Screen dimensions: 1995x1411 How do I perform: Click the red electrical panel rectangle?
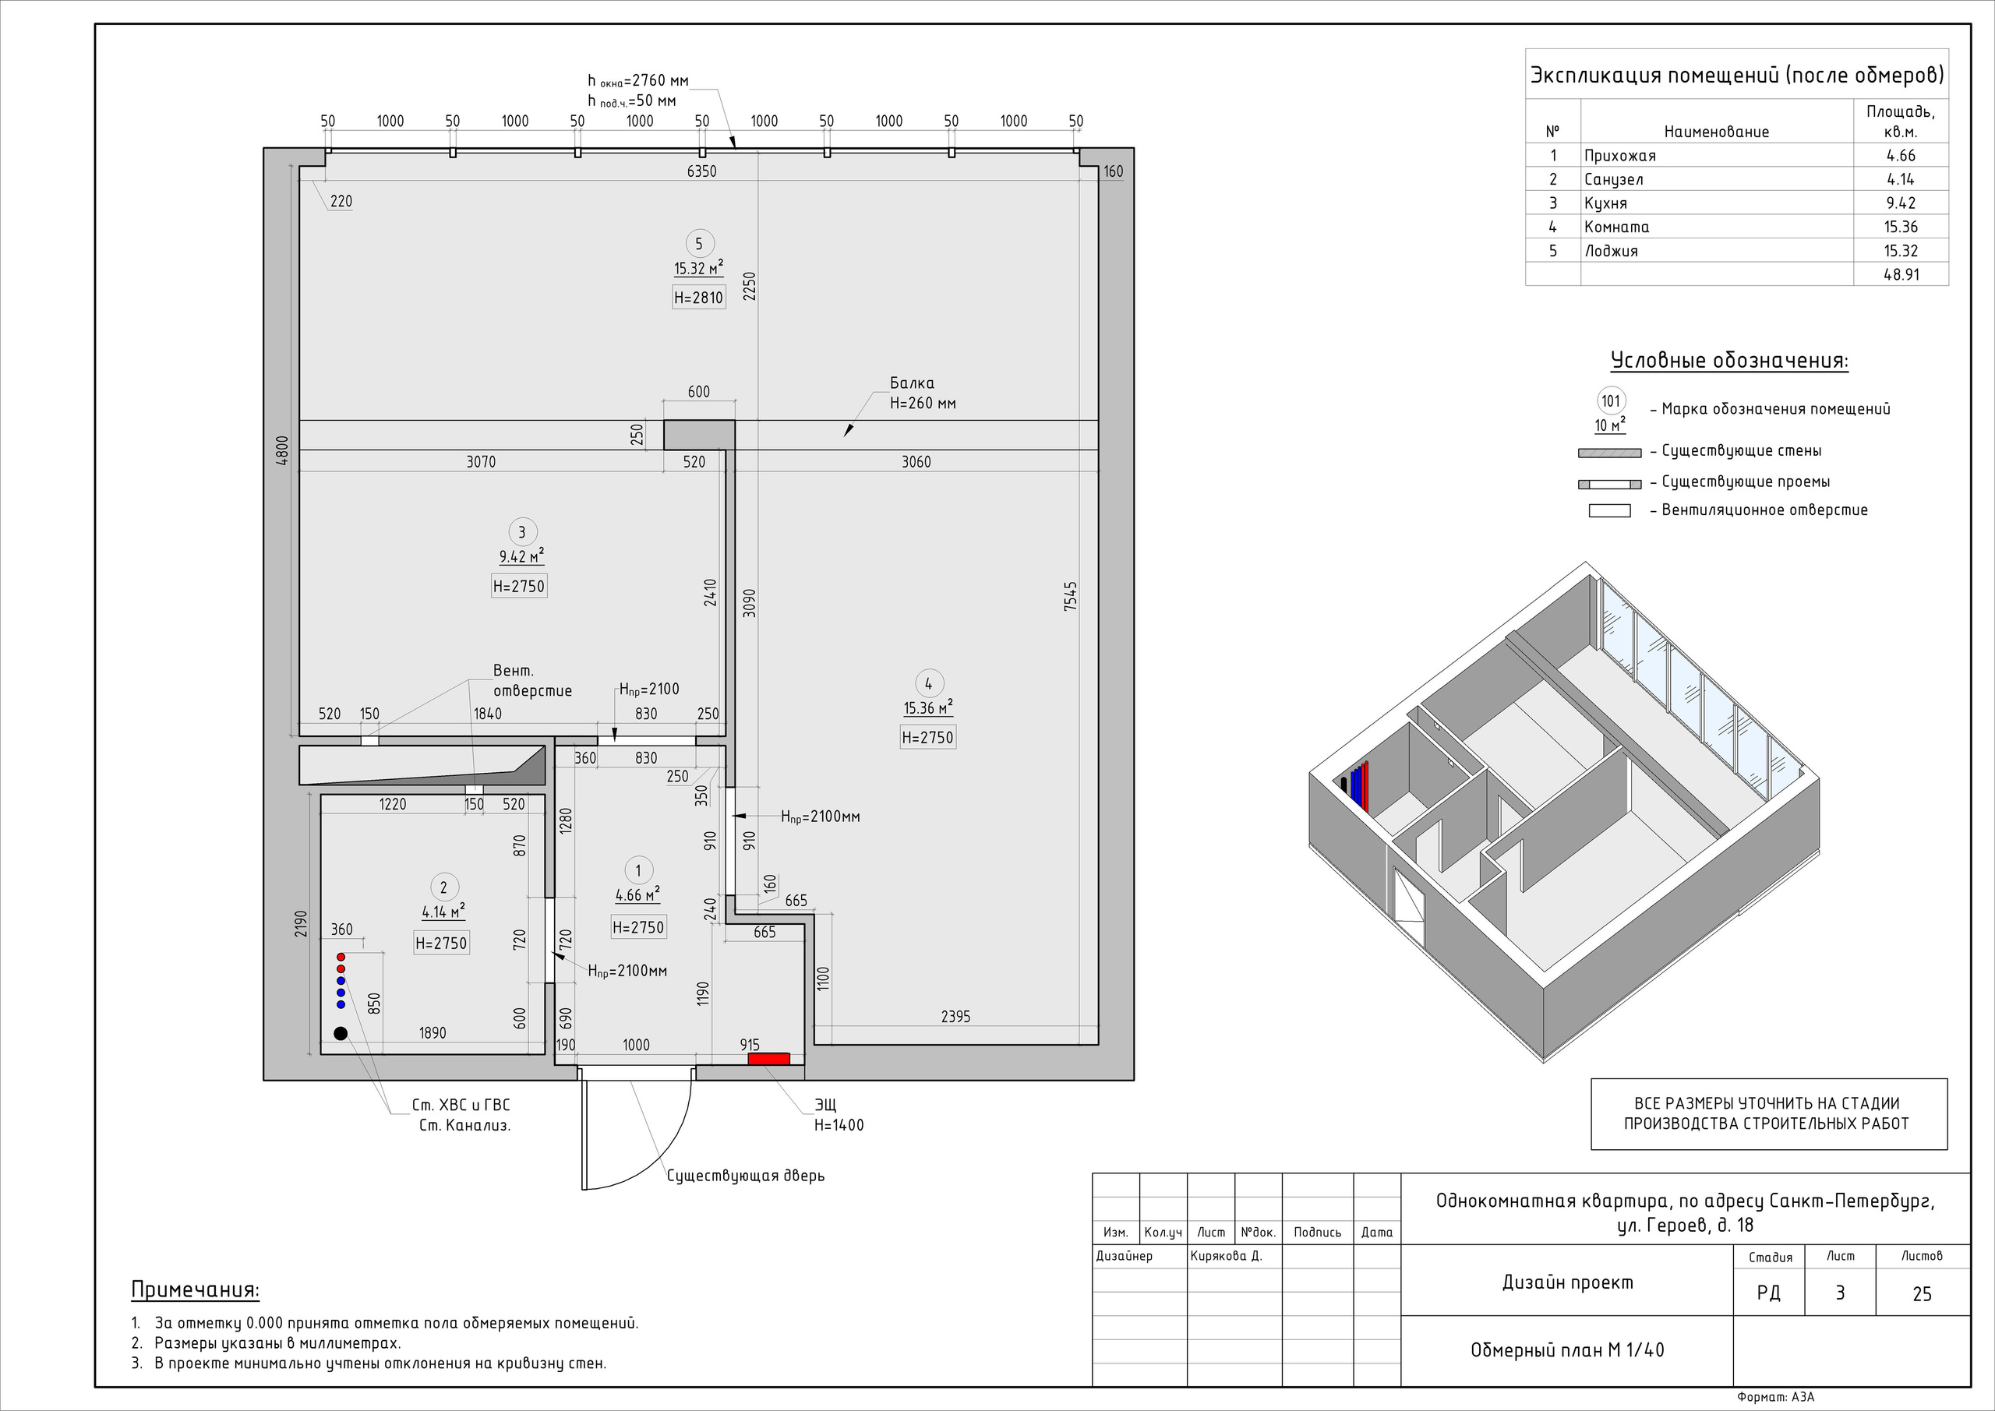(x=769, y=1058)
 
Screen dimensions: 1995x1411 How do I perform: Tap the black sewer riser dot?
(x=341, y=1033)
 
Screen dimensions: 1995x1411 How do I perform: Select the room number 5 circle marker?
(x=698, y=244)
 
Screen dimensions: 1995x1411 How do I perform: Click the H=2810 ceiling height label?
(x=698, y=298)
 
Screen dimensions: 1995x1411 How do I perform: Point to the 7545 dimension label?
(x=1071, y=597)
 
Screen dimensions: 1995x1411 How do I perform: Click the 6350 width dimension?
(x=701, y=171)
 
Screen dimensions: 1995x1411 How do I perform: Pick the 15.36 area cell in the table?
(x=1900, y=227)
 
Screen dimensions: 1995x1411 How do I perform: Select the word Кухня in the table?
(x=1605, y=203)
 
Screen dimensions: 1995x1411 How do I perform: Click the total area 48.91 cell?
(x=1900, y=274)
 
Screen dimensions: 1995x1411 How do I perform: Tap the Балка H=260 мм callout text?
(x=922, y=393)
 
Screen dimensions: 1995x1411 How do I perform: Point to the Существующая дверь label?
(x=746, y=1176)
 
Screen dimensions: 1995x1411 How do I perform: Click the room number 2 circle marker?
(x=443, y=887)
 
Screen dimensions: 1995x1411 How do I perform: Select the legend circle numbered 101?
(x=1611, y=401)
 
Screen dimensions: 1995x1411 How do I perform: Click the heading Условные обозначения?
(x=1729, y=361)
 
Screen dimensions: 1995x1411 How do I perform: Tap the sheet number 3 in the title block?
(x=1839, y=1293)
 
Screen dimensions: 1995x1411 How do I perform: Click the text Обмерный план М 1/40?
(x=1567, y=1350)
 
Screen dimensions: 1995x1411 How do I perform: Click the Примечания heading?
(x=195, y=1290)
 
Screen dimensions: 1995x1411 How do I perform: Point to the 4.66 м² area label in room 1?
(x=637, y=895)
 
